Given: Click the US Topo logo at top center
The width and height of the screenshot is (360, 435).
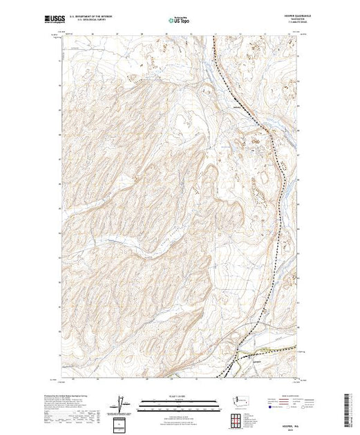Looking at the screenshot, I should tap(179, 20).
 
